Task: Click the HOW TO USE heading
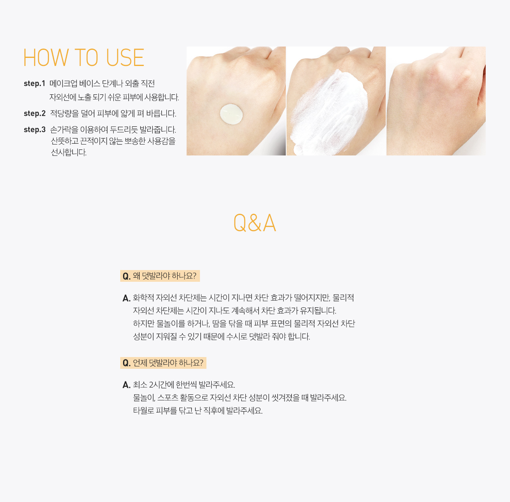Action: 84,57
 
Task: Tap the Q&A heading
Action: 255,223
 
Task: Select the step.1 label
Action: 34,83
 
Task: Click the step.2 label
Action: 35,113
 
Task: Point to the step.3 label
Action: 35,130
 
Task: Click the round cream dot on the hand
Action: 231,114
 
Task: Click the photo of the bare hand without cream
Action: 436,101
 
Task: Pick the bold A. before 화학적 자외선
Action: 127,298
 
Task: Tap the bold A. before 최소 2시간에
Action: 127,385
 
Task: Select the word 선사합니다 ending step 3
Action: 69,153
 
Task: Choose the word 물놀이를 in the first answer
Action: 171,323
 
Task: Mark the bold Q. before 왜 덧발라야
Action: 127,276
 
